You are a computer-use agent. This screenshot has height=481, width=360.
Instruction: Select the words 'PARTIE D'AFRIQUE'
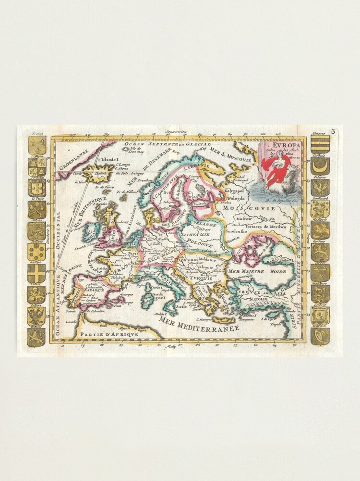click(109, 333)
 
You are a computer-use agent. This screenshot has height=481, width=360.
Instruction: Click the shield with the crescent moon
click(320, 167)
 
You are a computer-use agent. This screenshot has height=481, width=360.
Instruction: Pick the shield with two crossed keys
click(37, 209)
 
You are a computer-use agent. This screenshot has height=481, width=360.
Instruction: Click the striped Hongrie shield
click(320, 145)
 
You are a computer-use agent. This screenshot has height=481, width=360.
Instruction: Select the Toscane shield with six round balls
click(37, 252)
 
